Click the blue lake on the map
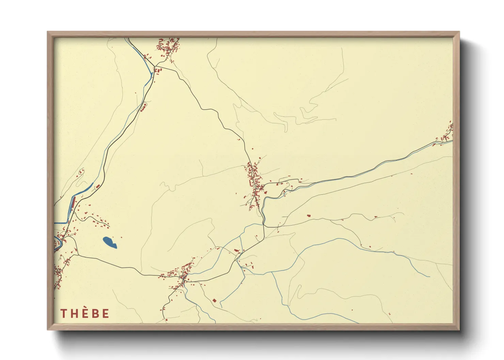click(109, 242)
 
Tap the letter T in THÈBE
click(63, 313)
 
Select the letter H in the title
click(74, 313)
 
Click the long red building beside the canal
click(73, 204)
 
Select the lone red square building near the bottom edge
click(214, 300)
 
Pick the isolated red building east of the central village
click(309, 215)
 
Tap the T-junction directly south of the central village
click(265, 226)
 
